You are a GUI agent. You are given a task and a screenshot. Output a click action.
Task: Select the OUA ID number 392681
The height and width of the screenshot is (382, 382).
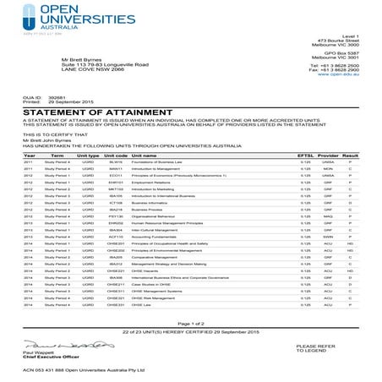57,97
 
